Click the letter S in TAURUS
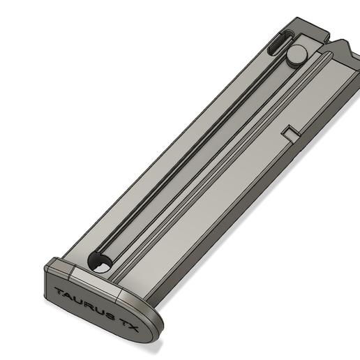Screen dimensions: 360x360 pos(110,311)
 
